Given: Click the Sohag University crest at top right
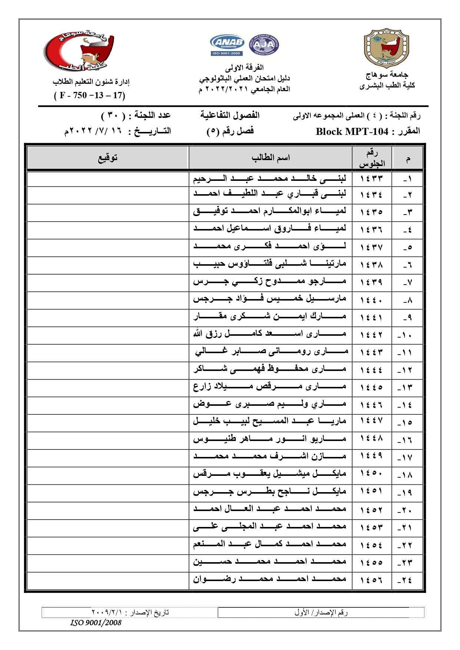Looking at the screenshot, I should [x=387, y=48].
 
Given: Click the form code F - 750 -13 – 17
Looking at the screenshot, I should [x=90, y=96].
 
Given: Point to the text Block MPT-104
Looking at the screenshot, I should [x=352, y=132].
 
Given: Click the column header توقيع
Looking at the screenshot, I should [x=107, y=158].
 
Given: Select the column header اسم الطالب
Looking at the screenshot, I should [x=270, y=158].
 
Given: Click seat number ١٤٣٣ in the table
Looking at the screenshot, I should [x=371, y=179].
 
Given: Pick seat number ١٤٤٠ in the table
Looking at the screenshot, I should [x=371, y=300].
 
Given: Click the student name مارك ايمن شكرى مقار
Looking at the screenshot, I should [x=269, y=317].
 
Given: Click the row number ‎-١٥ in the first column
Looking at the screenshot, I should [x=407, y=423].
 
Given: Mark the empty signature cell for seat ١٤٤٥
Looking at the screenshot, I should [x=107, y=388].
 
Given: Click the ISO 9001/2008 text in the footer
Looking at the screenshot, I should [x=96, y=623].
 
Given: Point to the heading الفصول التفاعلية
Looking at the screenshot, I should [x=230, y=115].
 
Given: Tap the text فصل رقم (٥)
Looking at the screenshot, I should [x=230, y=131].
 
